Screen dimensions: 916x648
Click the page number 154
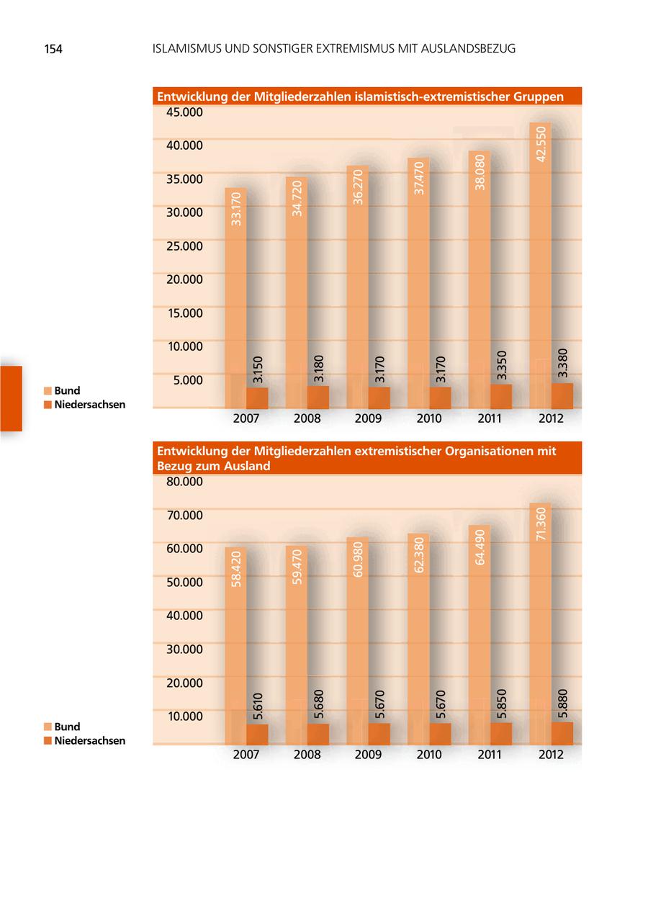(x=53, y=49)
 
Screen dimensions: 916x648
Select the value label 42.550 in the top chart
(x=541, y=143)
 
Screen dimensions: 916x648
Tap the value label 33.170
(x=236, y=208)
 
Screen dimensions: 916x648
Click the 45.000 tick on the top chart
(x=184, y=112)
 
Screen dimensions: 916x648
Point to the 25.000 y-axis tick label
(x=184, y=246)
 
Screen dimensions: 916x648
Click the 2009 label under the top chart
(x=368, y=418)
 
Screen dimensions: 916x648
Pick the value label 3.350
(x=502, y=365)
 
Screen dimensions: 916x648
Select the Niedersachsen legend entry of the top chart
(x=89, y=405)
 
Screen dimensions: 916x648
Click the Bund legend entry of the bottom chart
(x=67, y=727)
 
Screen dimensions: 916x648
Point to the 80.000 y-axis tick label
(x=184, y=482)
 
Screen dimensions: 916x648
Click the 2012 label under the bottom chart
(x=551, y=755)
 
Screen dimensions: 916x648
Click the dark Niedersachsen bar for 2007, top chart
(x=257, y=398)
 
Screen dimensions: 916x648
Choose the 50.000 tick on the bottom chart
(x=184, y=582)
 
